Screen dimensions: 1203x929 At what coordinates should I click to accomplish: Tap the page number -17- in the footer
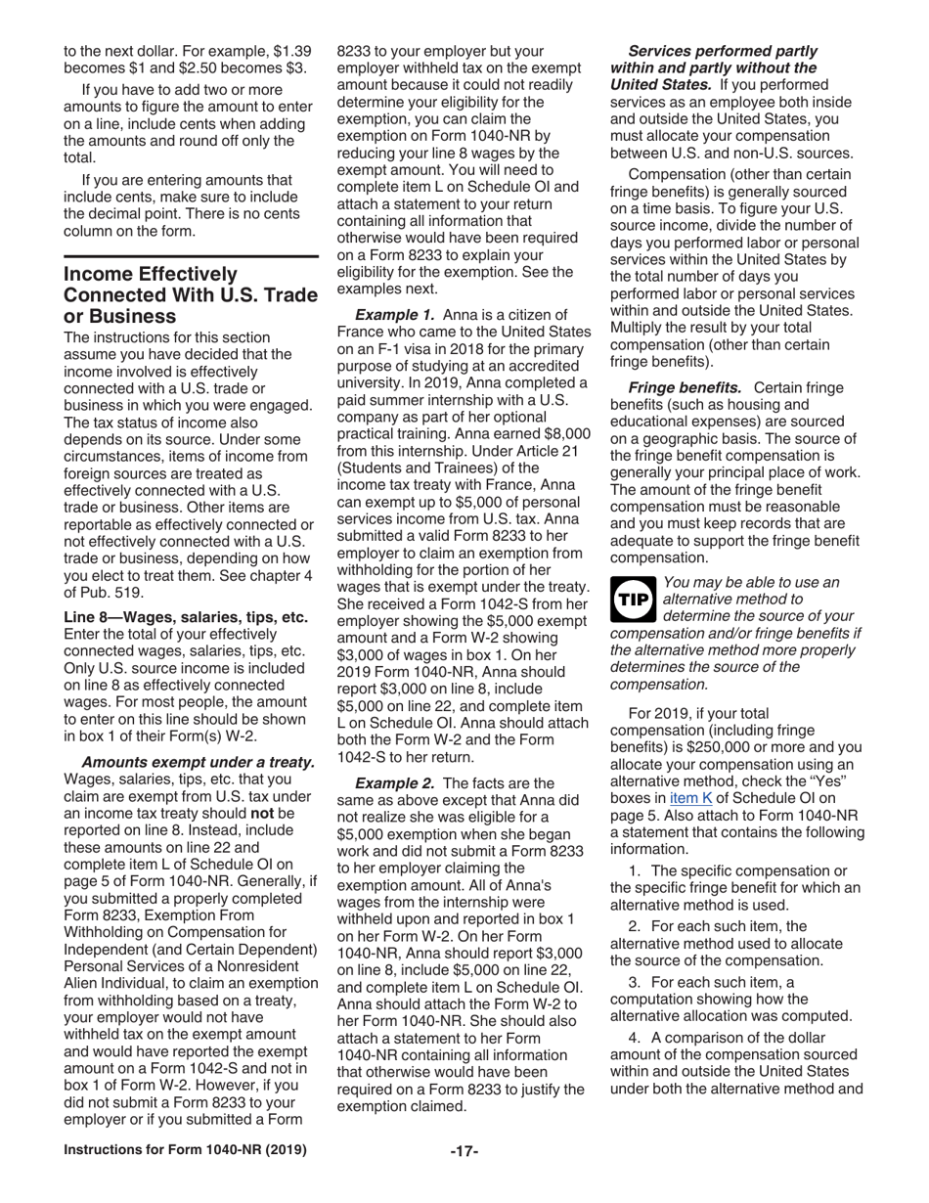click(x=464, y=1150)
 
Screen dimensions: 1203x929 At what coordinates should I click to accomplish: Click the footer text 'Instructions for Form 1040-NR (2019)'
click(x=185, y=1150)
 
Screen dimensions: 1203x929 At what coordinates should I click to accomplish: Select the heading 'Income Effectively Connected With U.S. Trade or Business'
click(x=190, y=294)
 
